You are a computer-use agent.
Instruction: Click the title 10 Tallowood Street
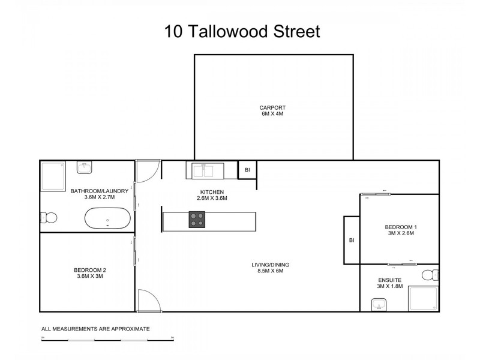[x=242, y=31]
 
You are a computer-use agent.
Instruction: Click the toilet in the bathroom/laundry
[x=49, y=217]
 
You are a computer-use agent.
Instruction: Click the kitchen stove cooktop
[x=197, y=220]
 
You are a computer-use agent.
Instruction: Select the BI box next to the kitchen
[x=247, y=170]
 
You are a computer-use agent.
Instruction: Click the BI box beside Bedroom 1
[x=352, y=241]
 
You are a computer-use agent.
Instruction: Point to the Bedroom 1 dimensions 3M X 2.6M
[x=400, y=233]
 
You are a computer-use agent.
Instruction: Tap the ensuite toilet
[x=430, y=275]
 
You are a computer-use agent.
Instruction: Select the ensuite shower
[x=422, y=298]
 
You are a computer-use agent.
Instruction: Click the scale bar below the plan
[x=107, y=340]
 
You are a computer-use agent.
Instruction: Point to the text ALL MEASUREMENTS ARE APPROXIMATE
[x=95, y=329]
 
